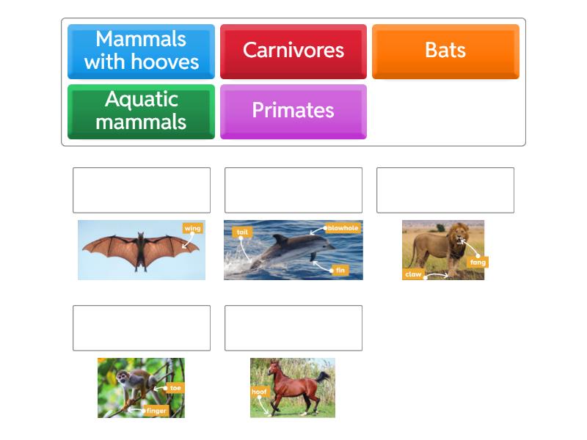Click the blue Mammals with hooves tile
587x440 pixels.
pyautogui.click(x=141, y=51)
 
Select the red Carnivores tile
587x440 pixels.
pyautogui.click(x=293, y=51)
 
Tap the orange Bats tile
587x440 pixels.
pyautogui.click(x=445, y=51)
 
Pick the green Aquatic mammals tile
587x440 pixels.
pyautogui.click(x=141, y=111)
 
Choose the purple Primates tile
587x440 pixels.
pyautogui.click(x=293, y=111)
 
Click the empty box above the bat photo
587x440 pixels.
pyautogui.click(x=142, y=190)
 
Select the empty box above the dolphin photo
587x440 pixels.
pyautogui.click(x=293, y=190)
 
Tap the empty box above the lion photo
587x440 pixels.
pyautogui.click(x=445, y=190)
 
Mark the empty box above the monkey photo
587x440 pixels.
pyautogui.click(x=142, y=328)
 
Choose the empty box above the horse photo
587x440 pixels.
pyautogui.click(x=293, y=328)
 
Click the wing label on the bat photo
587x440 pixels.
pyautogui.click(x=192, y=228)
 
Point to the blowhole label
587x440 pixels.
pyautogui.click(x=343, y=228)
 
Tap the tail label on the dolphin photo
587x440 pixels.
pyautogui.click(x=242, y=232)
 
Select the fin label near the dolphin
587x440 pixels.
pyautogui.click(x=340, y=271)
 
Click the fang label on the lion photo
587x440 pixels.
pyautogui.click(x=478, y=262)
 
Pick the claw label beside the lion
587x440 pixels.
pyautogui.click(x=414, y=274)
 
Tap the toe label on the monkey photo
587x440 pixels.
pyautogui.click(x=175, y=387)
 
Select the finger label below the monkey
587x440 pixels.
pyautogui.click(x=156, y=411)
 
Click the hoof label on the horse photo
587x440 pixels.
pyautogui.click(x=260, y=392)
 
